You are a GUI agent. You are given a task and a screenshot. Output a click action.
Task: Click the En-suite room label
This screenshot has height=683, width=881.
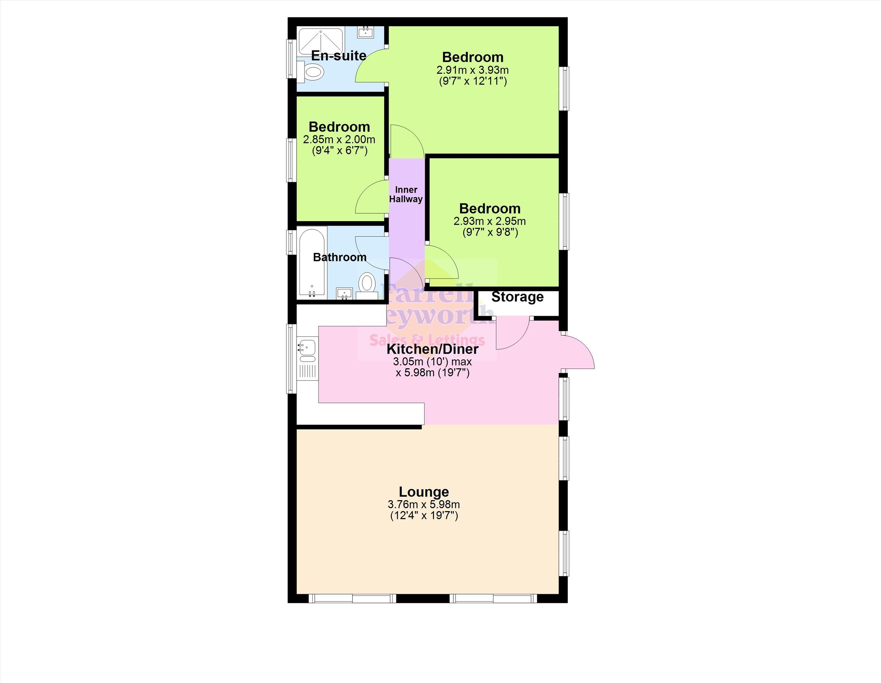click(x=339, y=56)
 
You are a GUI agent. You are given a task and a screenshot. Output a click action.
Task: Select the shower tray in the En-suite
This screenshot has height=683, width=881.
click(x=320, y=42)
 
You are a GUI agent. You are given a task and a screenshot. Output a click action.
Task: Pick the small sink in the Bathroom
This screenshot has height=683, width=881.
click(x=344, y=293)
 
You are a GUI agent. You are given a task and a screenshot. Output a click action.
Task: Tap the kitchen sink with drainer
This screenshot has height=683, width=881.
click(x=307, y=358)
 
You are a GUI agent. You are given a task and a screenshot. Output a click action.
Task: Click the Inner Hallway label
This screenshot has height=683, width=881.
click(x=406, y=194)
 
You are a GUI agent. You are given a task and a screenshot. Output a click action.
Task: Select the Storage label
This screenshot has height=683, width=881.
click(x=517, y=297)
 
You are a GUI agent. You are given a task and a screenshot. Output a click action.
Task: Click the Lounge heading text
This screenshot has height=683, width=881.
click(x=424, y=492)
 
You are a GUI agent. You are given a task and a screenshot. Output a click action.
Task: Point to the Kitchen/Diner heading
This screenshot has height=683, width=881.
click(x=432, y=349)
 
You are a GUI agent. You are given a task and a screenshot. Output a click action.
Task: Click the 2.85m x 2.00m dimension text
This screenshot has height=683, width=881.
click(x=339, y=139)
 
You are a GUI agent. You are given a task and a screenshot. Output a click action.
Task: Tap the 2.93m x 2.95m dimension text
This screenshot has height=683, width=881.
click(x=490, y=221)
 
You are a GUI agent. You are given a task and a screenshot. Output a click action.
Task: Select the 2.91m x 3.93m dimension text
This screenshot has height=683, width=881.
click(x=473, y=70)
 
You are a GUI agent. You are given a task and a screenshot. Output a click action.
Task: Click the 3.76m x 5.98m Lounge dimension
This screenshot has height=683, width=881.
click(x=424, y=504)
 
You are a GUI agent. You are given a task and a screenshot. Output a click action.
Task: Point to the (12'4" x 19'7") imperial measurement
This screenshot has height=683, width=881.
click(x=424, y=516)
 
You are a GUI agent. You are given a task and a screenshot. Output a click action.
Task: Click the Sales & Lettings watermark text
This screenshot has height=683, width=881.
click(x=427, y=340)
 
